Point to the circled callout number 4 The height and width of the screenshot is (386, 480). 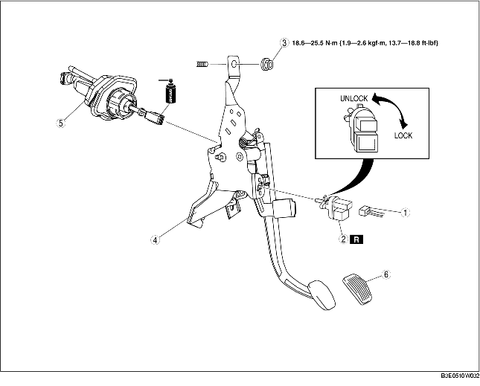(155, 239)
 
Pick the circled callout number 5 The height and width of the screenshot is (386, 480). (61, 123)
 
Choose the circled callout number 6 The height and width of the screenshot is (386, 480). (386, 274)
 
